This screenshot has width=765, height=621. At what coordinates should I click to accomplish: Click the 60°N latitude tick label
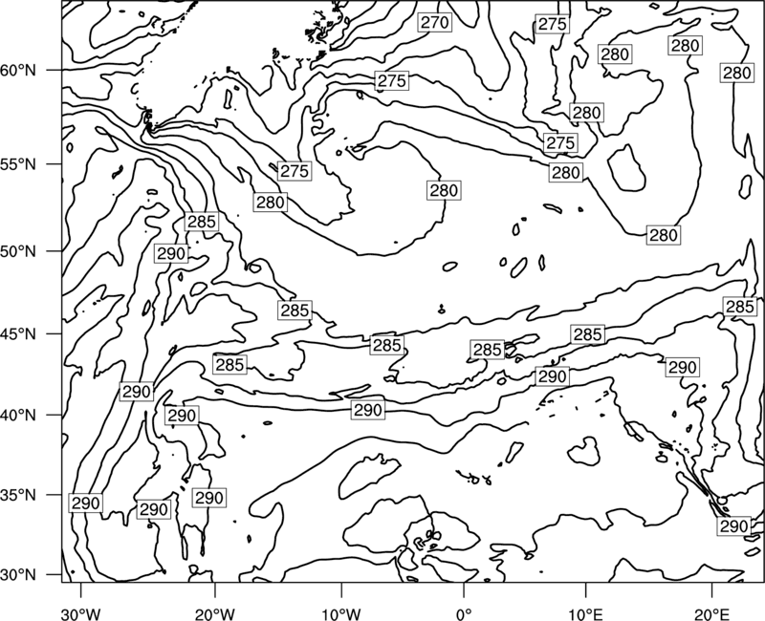click(x=18, y=71)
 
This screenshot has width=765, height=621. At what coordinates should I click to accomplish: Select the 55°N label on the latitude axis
click(x=18, y=164)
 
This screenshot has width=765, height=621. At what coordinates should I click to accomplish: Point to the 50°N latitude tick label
click(x=18, y=251)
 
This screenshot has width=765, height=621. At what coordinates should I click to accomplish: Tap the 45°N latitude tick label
click(x=18, y=334)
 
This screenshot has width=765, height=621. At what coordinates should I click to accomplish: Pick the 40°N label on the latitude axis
click(x=18, y=416)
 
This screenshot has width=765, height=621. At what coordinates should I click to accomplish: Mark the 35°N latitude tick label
click(x=18, y=495)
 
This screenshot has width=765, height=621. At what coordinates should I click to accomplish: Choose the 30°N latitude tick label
click(x=18, y=575)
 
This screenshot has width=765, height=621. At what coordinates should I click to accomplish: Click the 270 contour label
click(x=435, y=22)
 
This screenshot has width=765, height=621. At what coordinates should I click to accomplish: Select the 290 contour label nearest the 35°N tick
click(x=86, y=503)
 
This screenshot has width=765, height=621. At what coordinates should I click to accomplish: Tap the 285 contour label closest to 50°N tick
click(x=202, y=222)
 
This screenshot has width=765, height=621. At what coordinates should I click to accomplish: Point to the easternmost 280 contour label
click(x=736, y=74)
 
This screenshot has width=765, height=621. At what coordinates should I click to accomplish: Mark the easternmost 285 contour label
click(x=740, y=307)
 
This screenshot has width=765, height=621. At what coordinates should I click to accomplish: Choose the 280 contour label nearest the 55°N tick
click(x=271, y=202)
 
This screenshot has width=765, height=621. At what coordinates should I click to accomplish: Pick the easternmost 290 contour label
click(x=733, y=526)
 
